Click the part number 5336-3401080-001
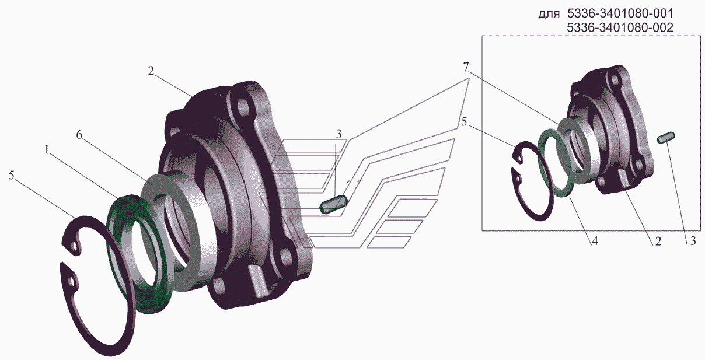coord(620,13)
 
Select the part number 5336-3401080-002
coord(620,27)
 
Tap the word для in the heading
coord(549,15)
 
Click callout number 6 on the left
coord(79,135)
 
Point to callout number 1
coord(47,149)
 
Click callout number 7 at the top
coord(466,67)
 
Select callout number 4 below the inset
coord(594,241)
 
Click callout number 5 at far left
coord(12,175)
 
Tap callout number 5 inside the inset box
coord(464,122)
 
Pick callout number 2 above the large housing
coord(151,71)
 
